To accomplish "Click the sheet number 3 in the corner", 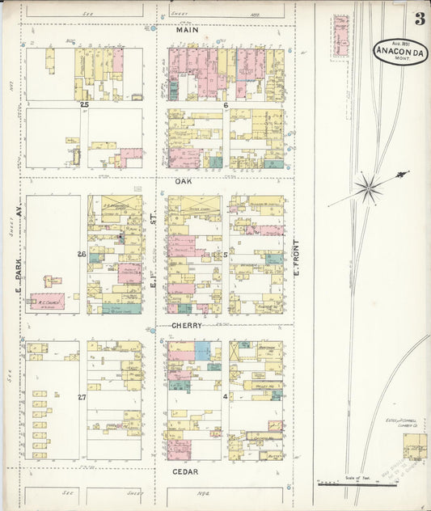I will (x=420, y=19).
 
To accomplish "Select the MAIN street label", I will (x=188, y=30).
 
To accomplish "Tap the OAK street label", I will (x=184, y=182).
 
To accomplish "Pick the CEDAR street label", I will (x=186, y=471).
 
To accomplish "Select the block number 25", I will (x=83, y=105).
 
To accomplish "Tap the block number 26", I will (x=82, y=255).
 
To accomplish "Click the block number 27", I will (x=82, y=397).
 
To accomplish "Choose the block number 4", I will (x=226, y=397).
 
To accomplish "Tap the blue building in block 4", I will (x=201, y=350).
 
